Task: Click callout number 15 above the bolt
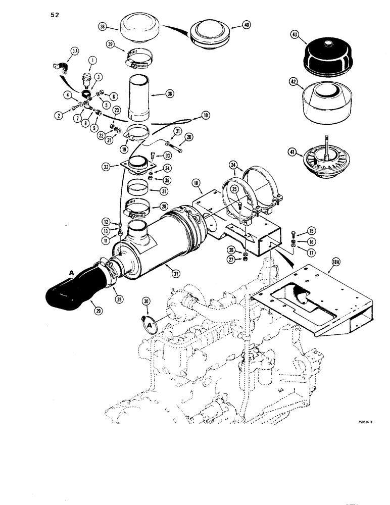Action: (x=311, y=231)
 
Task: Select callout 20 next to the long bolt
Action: (x=189, y=137)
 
